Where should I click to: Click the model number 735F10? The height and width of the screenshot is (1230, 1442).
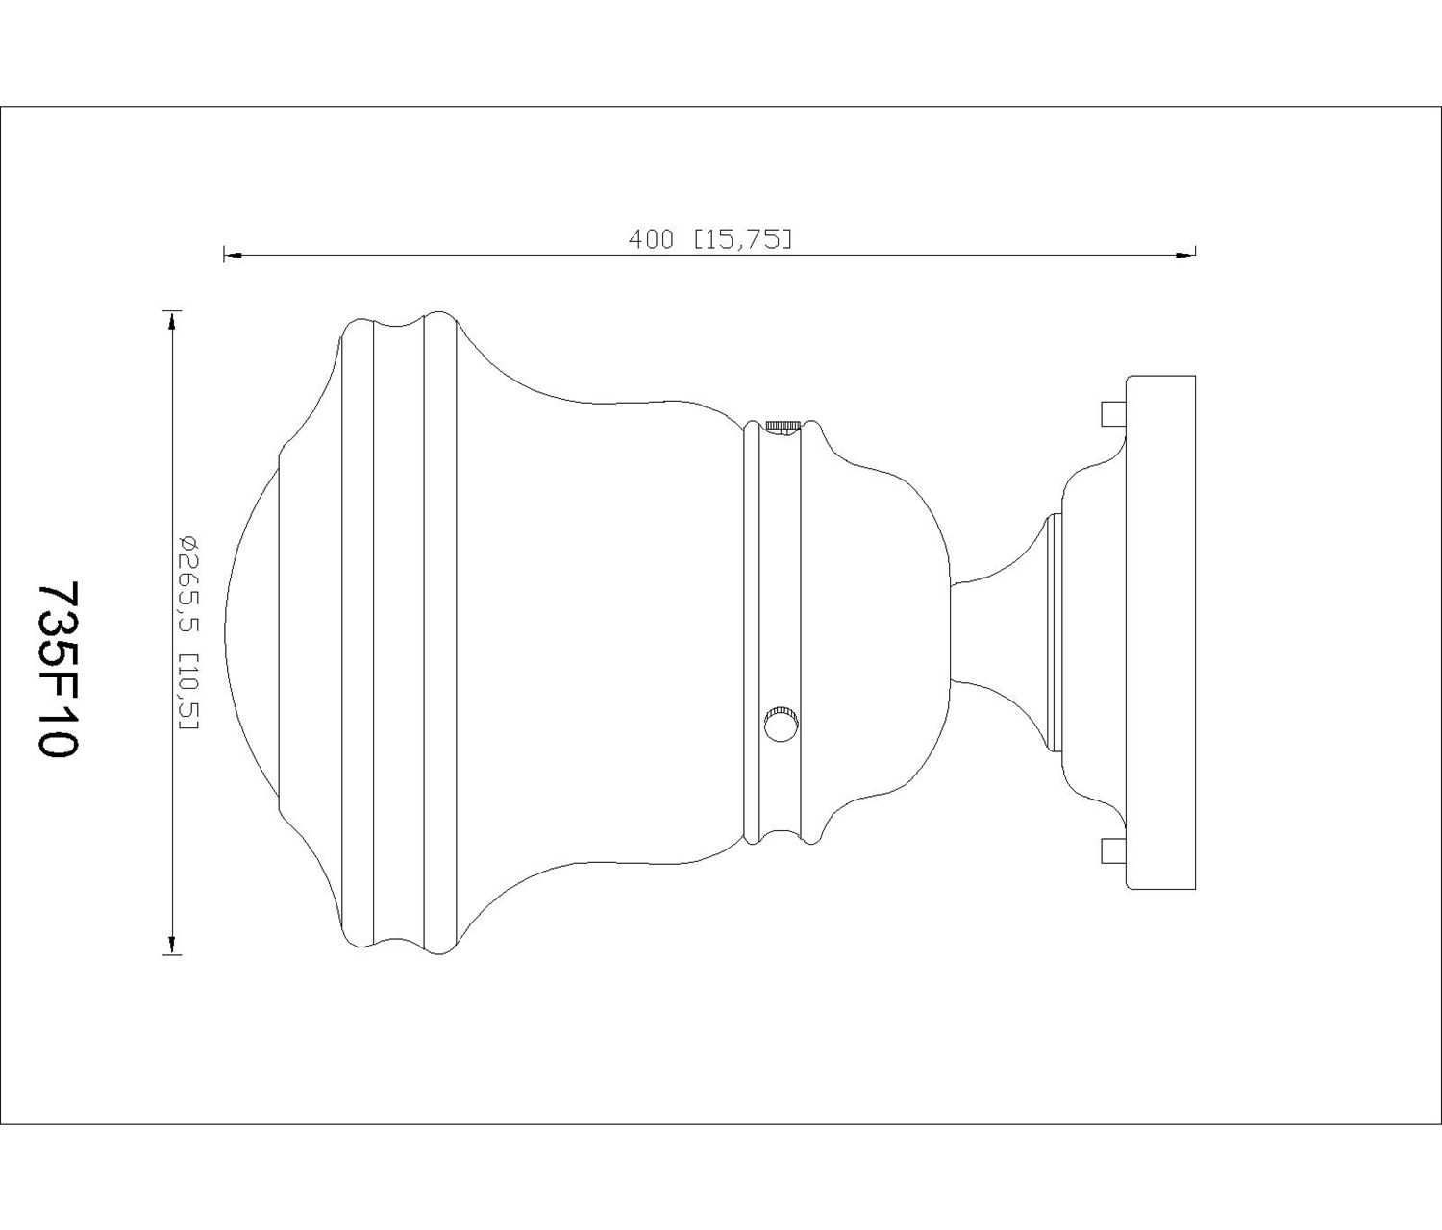[x=59, y=669]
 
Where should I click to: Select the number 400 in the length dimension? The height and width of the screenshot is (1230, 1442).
[x=652, y=240]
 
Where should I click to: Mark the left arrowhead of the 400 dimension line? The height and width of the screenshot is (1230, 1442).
[x=233, y=256]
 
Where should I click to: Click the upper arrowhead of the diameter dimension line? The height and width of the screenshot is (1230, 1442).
[x=172, y=320]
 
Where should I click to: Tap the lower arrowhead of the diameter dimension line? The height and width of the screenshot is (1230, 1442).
[x=172, y=945]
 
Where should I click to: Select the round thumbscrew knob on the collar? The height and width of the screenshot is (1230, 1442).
[x=782, y=723]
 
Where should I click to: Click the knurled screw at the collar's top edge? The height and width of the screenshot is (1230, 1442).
[x=782, y=427]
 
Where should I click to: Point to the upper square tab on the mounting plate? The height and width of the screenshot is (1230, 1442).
[x=1115, y=413]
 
